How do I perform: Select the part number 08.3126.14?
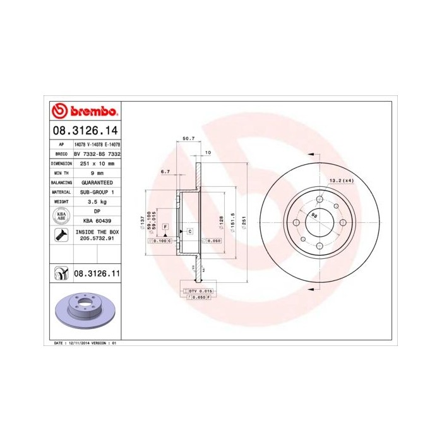pos(84,132)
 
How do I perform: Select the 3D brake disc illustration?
pos(83,311)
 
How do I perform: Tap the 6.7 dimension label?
pos(166,172)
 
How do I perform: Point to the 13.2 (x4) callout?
pos(341,181)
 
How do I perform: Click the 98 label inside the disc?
pos(314,216)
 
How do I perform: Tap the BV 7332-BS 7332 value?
pos(97,154)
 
